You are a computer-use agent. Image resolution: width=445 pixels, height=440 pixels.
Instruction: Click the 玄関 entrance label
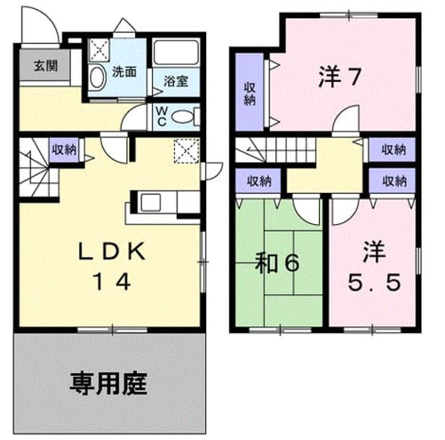(x=45, y=66)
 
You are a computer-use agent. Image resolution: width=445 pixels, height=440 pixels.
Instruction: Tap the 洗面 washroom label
(x=124, y=72)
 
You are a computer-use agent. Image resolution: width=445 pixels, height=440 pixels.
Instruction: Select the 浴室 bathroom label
(x=176, y=82)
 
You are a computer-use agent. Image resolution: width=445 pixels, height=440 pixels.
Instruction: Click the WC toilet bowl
(x=182, y=117)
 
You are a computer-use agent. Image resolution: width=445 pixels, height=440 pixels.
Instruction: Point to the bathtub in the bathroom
(x=176, y=53)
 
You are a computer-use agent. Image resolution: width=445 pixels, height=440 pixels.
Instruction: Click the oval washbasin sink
(x=97, y=77)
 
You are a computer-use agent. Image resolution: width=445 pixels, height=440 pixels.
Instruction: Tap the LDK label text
(x=112, y=251)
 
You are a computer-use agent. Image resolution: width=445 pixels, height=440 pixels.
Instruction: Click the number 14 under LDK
(x=113, y=281)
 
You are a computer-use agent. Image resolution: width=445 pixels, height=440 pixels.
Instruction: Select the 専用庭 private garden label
(x=109, y=383)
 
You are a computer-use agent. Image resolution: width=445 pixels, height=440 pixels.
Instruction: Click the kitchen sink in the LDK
(x=150, y=203)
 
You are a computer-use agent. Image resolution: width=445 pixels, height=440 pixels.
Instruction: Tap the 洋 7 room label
(x=340, y=76)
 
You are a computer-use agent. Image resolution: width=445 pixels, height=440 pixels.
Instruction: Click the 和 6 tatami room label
(x=277, y=263)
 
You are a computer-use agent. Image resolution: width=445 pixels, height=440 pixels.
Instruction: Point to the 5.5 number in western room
(x=374, y=282)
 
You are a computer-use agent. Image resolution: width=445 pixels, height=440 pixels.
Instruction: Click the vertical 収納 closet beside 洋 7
(x=250, y=93)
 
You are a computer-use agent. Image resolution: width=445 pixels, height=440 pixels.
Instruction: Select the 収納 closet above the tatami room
(x=258, y=181)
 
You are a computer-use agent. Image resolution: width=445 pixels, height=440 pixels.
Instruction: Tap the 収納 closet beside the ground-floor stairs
(x=64, y=149)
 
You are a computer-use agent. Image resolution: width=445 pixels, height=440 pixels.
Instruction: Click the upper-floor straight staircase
(x=276, y=149)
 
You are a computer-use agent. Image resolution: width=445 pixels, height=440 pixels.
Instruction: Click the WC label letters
(x=161, y=116)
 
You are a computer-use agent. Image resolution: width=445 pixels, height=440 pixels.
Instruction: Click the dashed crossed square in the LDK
(x=187, y=151)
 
